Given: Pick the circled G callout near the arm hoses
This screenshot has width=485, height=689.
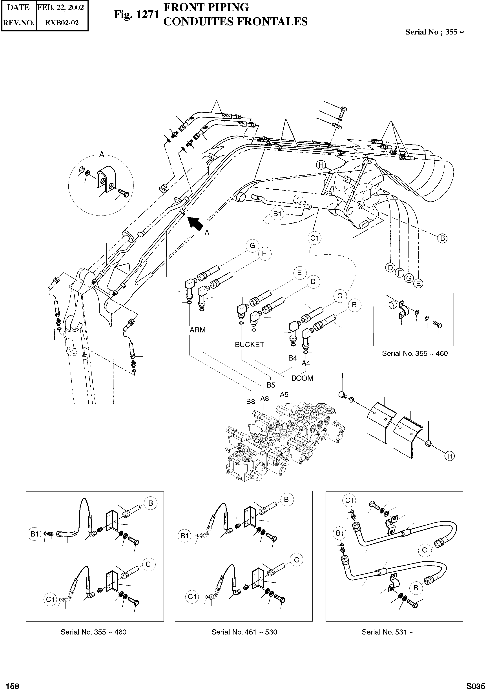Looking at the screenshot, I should [252, 245].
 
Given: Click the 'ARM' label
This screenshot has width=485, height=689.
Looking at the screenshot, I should [198, 330].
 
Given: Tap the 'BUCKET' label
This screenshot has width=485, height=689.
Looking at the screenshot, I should [250, 344].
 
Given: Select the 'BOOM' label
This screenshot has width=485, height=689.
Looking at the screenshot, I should [302, 378].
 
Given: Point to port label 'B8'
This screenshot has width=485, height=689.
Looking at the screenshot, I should [250, 401].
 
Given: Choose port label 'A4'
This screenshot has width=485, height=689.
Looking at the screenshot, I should [306, 363].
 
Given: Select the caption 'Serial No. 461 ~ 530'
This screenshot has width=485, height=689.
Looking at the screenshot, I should [244, 632].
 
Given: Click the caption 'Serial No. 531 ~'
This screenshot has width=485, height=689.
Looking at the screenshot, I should [387, 632].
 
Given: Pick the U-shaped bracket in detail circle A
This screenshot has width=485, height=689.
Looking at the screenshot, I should [105, 181].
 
